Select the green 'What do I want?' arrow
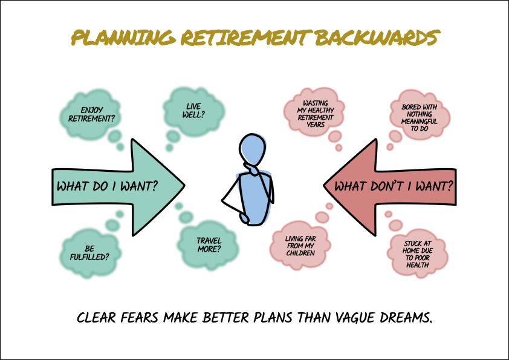click(x=118, y=187)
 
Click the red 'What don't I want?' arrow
click(x=390, y=187)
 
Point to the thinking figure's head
click(x=253, y=150)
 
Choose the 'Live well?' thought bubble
click(x=194, y=111)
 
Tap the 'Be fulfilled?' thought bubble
click(x=90, y=253)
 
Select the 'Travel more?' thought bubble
click(x=209, y=244)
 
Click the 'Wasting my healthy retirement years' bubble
click(x=314, y=113)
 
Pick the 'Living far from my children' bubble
click(x=300, y=245)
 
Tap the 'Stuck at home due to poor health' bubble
click(x=418, y=254)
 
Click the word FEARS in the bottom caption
click(x=139, y=318)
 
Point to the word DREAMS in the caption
click(x=406, y=318)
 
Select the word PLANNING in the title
click(x=124, y=38)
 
